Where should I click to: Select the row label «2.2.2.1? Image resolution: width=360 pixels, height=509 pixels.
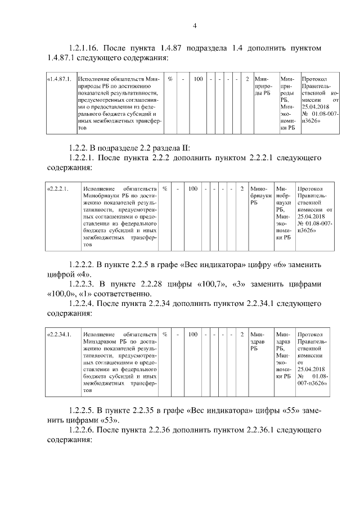[58, 189]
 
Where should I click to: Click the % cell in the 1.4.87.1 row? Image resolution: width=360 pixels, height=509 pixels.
[170, 79]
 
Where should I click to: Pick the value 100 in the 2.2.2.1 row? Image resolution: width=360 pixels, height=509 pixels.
[193, 189]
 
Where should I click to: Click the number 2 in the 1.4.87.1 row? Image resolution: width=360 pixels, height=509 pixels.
[247, 79]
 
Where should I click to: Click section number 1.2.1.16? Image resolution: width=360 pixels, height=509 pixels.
[87, 48]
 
